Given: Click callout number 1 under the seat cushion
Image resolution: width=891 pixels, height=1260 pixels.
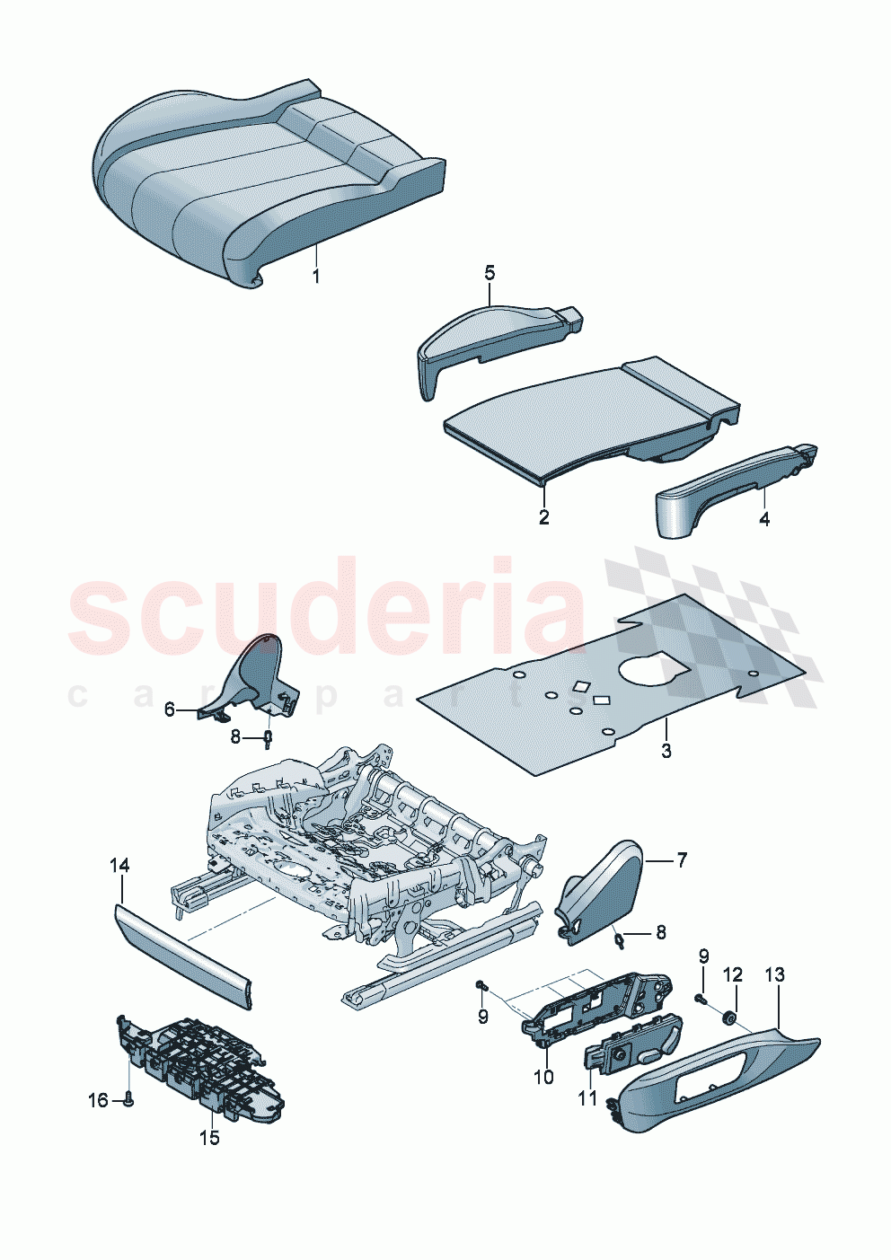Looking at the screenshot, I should point(316,276).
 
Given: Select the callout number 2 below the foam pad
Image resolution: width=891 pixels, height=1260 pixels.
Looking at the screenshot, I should point(543,517).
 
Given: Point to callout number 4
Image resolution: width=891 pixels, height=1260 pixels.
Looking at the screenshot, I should point(764,518).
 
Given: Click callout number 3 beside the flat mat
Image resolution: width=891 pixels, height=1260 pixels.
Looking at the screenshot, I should point(666,751).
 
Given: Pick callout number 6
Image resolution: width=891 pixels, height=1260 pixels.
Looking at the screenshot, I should point(170,709).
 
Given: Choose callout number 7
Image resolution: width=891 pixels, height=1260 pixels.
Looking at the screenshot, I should point(682,860).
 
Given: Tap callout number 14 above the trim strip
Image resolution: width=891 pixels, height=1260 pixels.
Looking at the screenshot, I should point(119,865).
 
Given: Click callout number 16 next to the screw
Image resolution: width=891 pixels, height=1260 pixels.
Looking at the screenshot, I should point(97,1100).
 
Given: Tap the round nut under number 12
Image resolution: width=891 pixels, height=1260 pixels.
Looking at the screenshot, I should point(729,1018).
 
